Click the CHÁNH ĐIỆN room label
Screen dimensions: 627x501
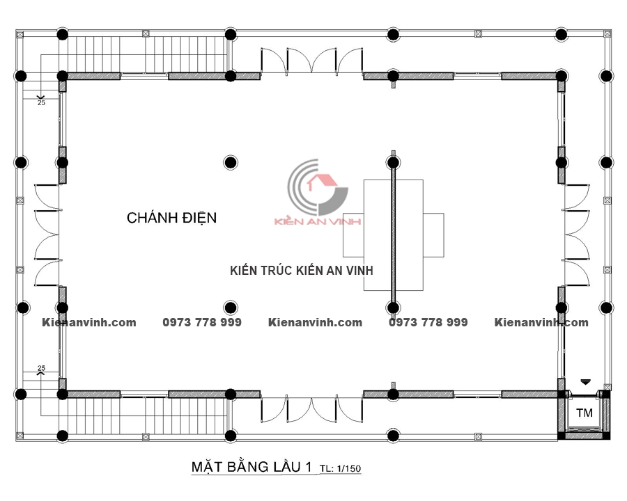(x=171, y=217)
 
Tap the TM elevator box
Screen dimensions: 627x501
(x=585, y=413)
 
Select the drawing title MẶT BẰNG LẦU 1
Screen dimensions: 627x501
(x=251, y=467)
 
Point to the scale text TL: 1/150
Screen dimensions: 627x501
(x=340, y=468)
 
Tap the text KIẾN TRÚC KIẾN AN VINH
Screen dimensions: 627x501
(x=302, y=271)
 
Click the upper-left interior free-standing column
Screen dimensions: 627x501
(x=231, y=162)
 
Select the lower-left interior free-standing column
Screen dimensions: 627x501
(x=231, y=308)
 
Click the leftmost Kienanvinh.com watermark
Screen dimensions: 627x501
(x=88, y=322)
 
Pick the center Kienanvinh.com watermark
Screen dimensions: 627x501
(x=315, y=322)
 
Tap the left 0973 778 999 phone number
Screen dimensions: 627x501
(x=202, y=322)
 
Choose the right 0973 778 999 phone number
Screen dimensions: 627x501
(x=428, y=322)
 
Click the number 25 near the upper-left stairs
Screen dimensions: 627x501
(x=41, y=103)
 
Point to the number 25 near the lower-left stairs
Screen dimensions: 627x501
(x=41, y=368)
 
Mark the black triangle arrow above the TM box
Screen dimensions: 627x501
(x=585, y=382)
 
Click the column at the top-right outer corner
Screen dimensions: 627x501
(x=562, y=34)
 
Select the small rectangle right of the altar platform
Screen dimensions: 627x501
(x=433, y=235)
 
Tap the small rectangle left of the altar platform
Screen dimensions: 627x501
(x=353, y=235)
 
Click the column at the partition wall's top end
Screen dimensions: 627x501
(x=393, y=162)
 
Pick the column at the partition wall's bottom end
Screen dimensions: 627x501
(x=393, y=308)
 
